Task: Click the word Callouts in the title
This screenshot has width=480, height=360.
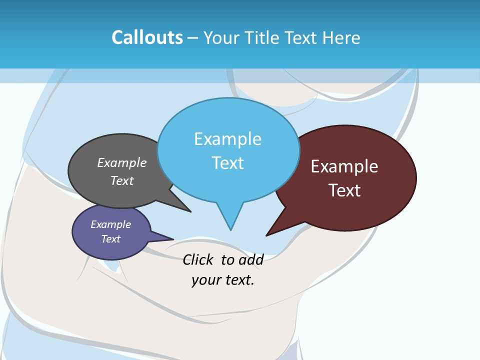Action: point(147,37)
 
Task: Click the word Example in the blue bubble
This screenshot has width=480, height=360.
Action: point(227,139)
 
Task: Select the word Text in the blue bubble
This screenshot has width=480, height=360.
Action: point(228,163)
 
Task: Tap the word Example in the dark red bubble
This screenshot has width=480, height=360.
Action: point(344,166)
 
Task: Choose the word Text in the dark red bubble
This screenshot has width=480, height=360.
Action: point(344,190)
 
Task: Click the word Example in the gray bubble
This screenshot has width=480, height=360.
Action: point(122,163)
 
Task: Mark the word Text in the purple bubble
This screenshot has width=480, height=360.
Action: point(111,239)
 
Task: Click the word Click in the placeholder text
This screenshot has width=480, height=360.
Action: point(197,259)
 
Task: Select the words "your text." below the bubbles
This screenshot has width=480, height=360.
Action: point(223,280)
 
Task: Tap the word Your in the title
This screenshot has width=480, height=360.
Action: point(222,37)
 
